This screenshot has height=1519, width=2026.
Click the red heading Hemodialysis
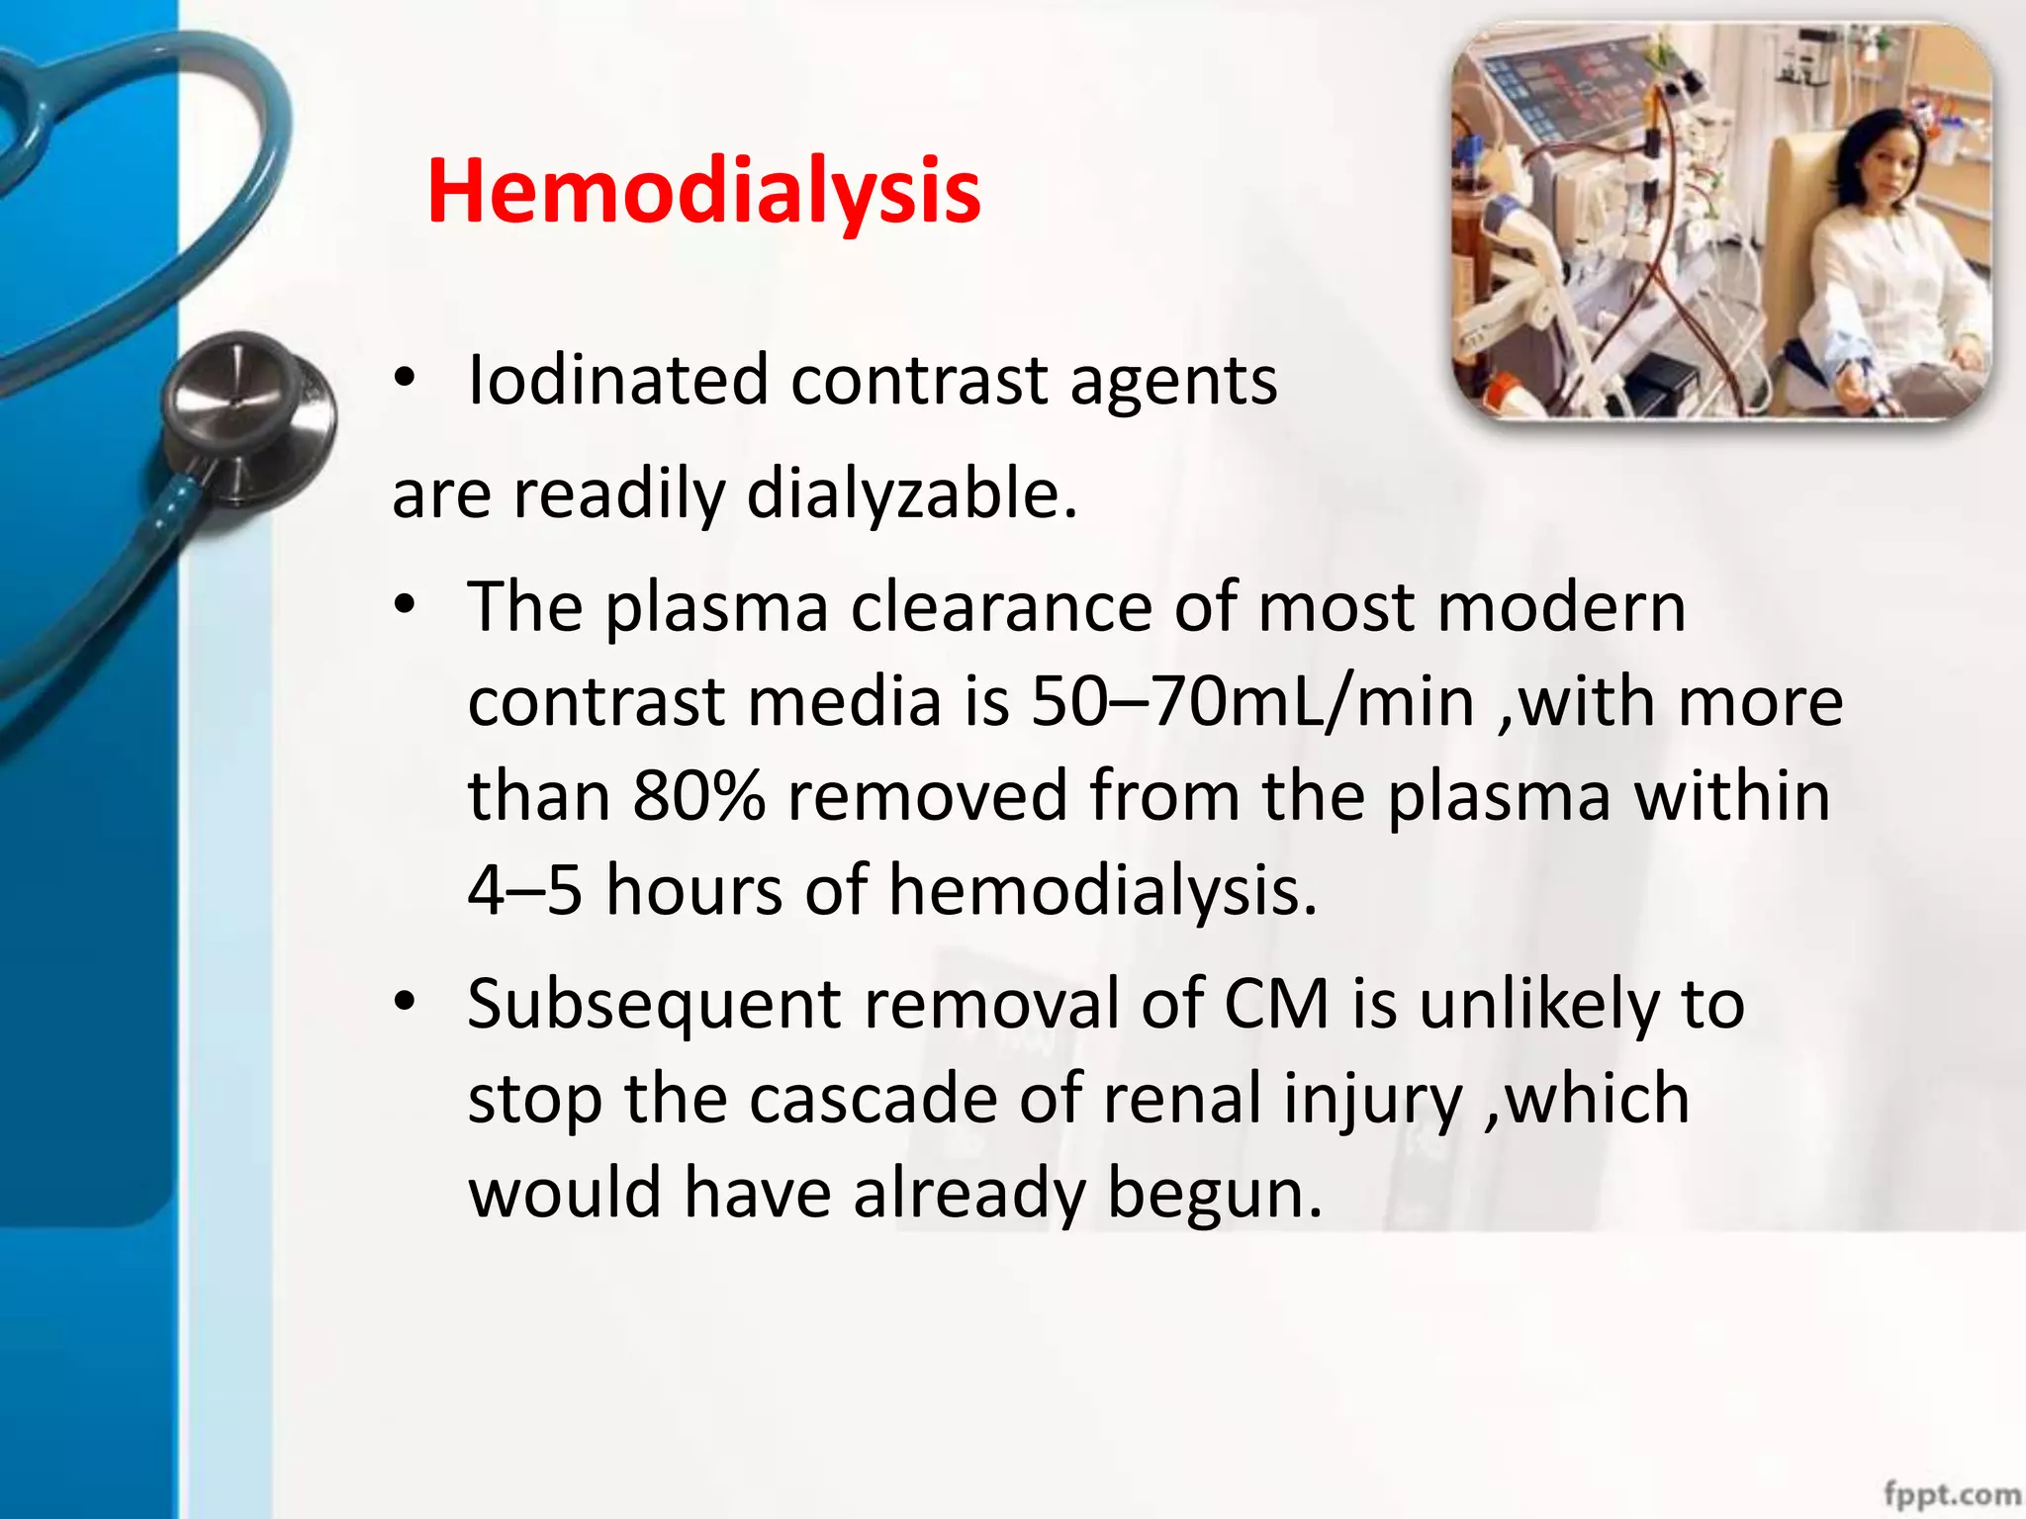703,192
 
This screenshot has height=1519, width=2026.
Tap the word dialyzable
910,493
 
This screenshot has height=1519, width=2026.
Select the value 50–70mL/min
1252,702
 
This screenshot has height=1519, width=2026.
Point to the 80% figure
698,796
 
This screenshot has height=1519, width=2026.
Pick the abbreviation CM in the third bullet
1275,1005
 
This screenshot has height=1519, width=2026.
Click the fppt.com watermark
1951,1492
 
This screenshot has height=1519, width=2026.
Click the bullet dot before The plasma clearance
405,606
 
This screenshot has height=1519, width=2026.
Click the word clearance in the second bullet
1000,607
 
